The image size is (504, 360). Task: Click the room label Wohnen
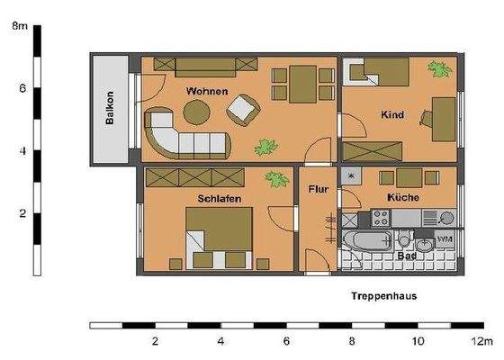206,92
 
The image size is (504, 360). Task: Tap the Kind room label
391,115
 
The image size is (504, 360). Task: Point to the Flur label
318,190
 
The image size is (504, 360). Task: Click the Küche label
402,197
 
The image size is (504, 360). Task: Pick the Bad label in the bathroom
406,256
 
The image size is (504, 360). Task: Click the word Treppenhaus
382,295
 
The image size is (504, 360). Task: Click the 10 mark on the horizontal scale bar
418,342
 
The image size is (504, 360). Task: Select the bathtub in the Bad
369,241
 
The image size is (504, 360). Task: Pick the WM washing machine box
445,238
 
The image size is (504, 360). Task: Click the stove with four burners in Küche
380,217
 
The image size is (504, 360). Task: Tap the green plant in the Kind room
441,68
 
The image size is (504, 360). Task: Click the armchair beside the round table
244,112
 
